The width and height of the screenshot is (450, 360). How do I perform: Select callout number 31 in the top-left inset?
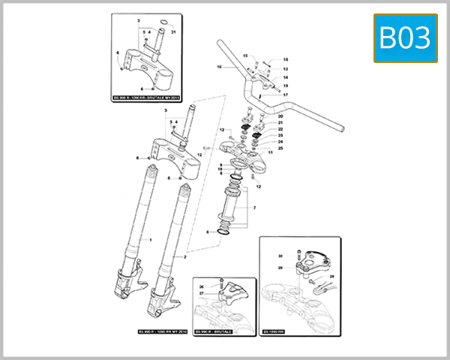[172, 31]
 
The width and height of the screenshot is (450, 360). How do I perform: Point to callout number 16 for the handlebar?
[220, 67]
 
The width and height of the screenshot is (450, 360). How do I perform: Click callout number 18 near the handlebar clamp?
[285, 60]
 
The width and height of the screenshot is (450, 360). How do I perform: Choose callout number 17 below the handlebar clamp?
[286, 95]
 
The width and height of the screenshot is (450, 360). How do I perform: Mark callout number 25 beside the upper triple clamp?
[280, 148]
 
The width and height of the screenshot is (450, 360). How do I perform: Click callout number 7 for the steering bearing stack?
[254, 207]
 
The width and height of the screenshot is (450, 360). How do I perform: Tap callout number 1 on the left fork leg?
[151, 240]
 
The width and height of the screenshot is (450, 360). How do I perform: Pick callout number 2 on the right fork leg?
[184, 256]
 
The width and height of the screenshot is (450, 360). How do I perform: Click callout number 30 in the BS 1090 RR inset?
[280, 256]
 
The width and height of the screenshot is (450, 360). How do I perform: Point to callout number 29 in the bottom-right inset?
[332, 277]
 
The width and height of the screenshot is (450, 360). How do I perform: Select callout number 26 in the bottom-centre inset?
[201, 286]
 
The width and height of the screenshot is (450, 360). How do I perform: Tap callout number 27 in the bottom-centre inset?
[201, 294]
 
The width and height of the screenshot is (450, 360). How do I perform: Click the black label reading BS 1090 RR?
[277, 331]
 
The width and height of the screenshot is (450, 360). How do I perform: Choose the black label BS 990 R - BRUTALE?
[214, 331]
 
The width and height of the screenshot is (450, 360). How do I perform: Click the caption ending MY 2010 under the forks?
[162, 331]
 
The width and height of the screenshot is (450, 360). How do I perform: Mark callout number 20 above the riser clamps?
[280, 117]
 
